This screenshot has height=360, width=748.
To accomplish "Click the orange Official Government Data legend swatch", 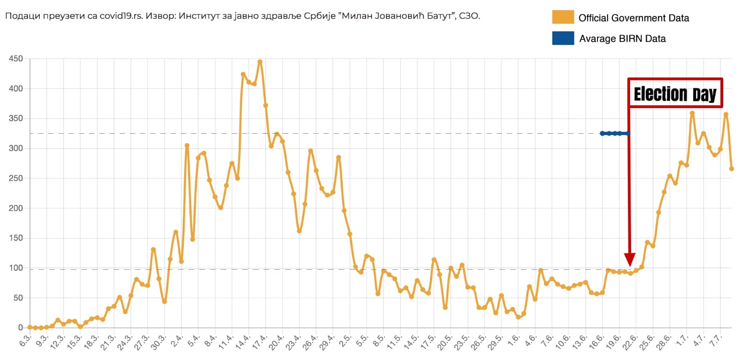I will tap(562, 17).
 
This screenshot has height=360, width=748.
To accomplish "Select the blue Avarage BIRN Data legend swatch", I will tap(562, 38).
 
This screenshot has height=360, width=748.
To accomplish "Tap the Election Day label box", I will tap(675, 94).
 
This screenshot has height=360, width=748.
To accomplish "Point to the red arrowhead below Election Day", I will tap(630, 259).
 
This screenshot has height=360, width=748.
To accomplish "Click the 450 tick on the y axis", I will tap(15, 59).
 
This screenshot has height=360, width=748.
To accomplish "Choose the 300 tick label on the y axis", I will tap(15, 148).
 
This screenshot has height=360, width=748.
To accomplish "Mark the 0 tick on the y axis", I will tap(20, 328).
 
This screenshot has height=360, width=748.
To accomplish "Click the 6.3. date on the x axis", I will tap(26, 341).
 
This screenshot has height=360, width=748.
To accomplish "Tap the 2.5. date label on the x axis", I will tap(345, 341).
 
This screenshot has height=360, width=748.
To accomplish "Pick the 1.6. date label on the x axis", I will tap(514, 341).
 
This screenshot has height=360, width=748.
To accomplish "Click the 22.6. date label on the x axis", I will tap(631, 342).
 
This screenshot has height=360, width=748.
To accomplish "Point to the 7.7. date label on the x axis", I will tap(716, 341).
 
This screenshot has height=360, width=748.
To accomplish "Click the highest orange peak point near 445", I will tap(260, 62).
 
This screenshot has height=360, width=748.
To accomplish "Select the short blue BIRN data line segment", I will tap(615, 133).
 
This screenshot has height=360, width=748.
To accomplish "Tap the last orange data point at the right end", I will tap(732, 169).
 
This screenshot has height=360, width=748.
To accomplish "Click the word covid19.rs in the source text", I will tap(121, 16).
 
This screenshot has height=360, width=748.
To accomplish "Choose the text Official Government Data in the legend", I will tap(633, 18).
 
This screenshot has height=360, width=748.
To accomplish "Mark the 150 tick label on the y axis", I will tap(15, 238).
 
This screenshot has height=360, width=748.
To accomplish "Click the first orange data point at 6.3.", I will tap(30, 327).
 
